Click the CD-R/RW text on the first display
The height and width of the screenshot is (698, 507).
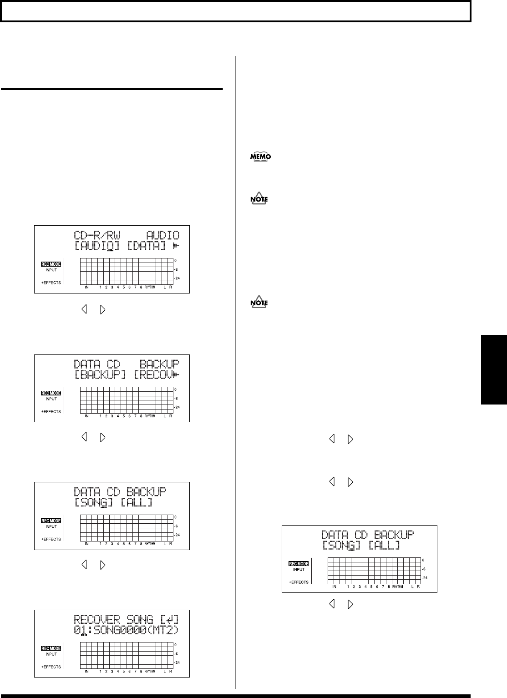pos(97,236)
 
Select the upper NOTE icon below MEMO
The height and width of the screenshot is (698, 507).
pos(259,199)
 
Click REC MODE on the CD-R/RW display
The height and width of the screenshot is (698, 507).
pos(51,264)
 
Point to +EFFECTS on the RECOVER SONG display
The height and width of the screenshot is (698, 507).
pos(51,667)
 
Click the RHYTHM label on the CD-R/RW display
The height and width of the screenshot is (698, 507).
pos(150,288)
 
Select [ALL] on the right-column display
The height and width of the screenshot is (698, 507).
pos(385,546)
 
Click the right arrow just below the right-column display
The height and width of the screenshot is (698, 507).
pos(350,604)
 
